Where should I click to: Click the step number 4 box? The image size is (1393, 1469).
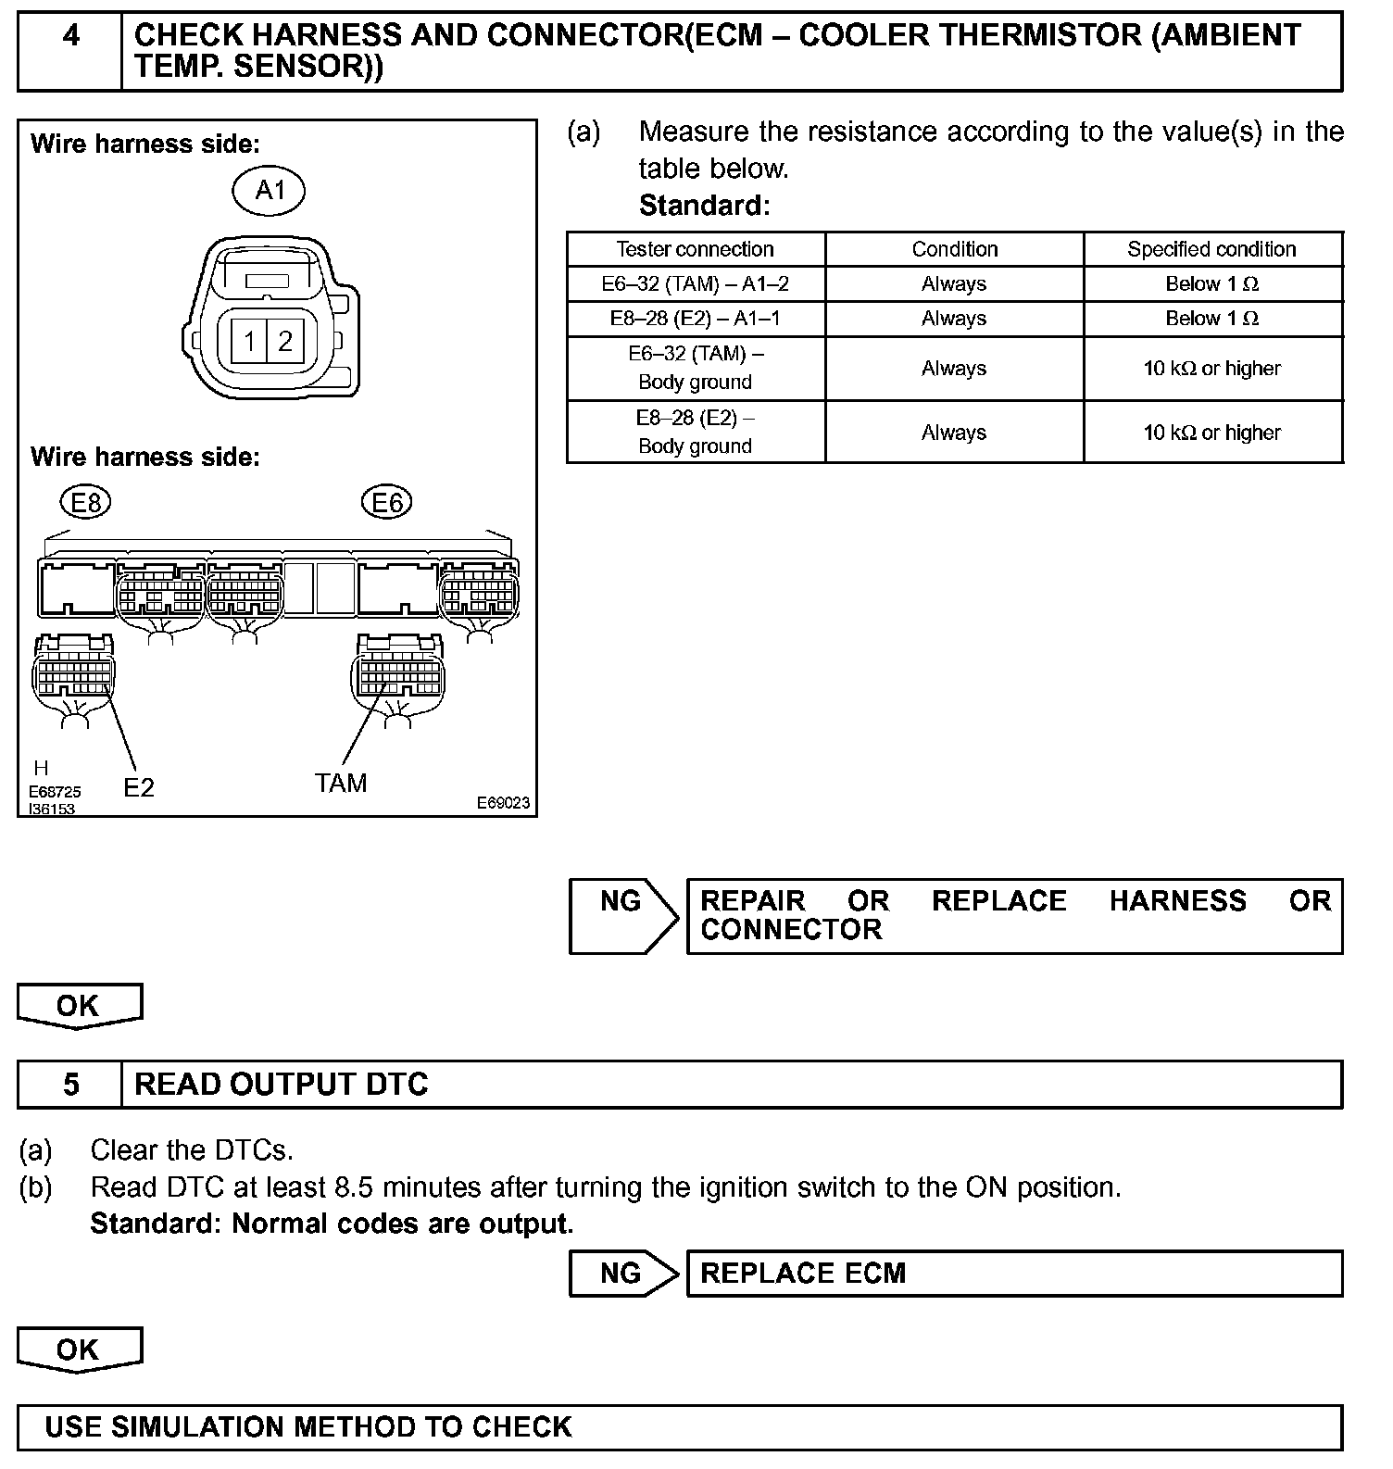coord(70,51)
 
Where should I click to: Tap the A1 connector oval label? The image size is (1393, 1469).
coord(269,190)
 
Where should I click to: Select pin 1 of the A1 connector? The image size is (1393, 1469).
coord(250,342)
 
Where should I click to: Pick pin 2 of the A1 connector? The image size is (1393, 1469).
coord(285,342)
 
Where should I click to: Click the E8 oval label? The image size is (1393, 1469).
coord(85,503)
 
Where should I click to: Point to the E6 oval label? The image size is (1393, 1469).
coord(386,503)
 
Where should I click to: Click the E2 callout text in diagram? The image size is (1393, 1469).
coord(139,787)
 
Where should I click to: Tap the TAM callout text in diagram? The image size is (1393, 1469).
coord(341,784)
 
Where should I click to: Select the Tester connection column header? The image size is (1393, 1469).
coord(695,249)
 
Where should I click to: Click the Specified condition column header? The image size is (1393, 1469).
coord(1211,249)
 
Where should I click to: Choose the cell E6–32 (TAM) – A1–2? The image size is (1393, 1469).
coord(695,283)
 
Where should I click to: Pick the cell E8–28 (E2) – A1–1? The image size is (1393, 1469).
coord(695,319)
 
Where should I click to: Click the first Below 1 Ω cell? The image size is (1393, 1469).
coord(1211,283)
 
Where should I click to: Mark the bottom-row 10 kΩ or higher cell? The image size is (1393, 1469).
coord(1211,433)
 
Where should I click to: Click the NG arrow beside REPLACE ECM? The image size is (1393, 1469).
coord(622,1274)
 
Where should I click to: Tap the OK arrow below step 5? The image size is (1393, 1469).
coord(79,1350)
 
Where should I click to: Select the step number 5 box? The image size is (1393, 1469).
coord(70,1085)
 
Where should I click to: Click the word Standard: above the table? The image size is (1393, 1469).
coord(704,205)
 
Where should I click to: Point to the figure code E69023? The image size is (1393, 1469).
coord(503,802)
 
